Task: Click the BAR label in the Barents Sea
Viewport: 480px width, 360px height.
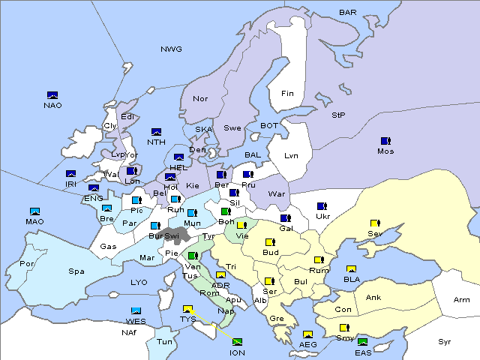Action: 348,13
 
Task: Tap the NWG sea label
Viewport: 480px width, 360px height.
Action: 171,49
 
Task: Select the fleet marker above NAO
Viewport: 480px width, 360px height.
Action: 52,94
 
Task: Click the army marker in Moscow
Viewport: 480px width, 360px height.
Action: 385,141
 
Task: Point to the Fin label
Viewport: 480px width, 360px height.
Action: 287,94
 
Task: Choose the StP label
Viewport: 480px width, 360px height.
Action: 338,115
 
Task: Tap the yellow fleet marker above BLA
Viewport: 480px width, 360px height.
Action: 351,269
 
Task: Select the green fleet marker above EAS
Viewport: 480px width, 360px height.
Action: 363,343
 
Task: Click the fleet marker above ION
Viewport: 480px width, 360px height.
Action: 238,342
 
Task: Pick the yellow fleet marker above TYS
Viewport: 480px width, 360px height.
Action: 188,308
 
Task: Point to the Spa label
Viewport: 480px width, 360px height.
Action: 76,271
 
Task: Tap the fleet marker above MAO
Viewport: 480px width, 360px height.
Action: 34,211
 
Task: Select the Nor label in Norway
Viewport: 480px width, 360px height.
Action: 200,99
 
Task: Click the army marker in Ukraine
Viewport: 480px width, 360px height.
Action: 322,206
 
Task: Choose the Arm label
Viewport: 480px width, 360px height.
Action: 462,300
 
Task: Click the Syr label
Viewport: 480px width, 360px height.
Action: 445,342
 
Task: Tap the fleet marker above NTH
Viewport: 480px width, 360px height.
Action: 157,132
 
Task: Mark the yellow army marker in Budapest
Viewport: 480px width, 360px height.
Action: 270,242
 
